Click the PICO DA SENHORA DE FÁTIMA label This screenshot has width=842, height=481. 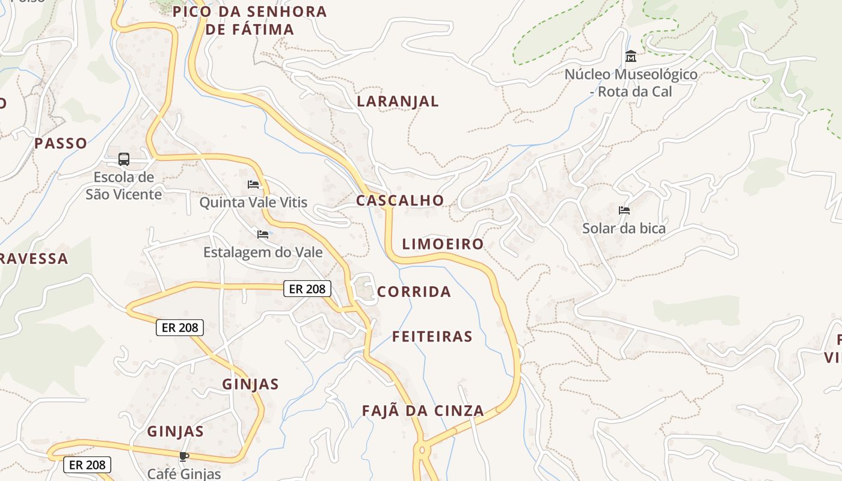tap(250, 20)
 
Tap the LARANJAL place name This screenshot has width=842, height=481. tap(398, 102)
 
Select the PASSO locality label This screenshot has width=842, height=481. tap(61, 144)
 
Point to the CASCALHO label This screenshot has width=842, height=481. tap(400, 201)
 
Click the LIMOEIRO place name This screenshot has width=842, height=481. tap(443, 244)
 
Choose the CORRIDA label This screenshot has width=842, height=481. tap(414, 292)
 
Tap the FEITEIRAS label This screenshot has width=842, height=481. tap(432, 337)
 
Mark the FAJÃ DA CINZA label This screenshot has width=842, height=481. tap(423, 411)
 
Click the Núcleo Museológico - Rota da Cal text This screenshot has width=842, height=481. tap(631, 83)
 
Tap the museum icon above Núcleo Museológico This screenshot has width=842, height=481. tap(631, 57)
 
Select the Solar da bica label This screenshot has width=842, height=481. tap(624, 228)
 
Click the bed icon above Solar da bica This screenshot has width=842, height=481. tap(624, 210)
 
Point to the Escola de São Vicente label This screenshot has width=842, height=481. tap(123, 186)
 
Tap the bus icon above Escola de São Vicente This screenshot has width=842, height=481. tap(124, 159)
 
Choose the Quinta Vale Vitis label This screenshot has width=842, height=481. tap(253, 203)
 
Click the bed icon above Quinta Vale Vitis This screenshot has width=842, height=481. tap(253, 184)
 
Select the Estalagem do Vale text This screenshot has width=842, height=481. tap(263, 253)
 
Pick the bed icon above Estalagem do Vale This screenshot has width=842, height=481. tap(263, 234)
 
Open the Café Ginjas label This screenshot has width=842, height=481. tap(184, 473)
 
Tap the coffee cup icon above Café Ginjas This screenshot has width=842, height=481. tap(184, 456)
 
